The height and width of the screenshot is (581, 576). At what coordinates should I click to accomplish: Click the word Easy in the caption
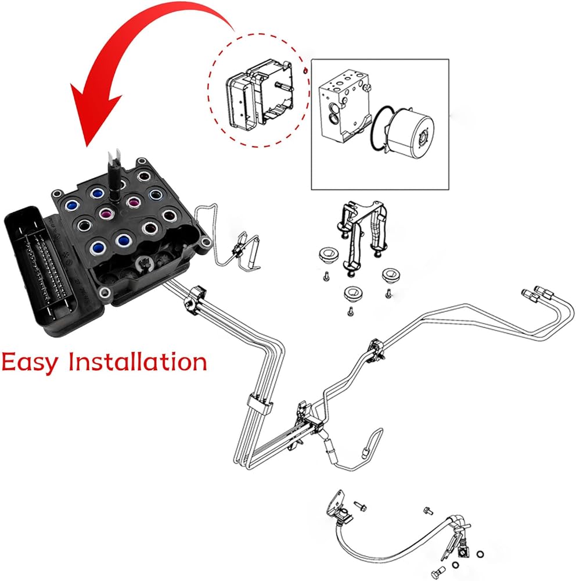pos(30,363)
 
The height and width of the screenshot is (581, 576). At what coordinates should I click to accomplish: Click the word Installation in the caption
pos(138,361)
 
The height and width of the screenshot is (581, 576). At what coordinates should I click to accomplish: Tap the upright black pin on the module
pos(114,174)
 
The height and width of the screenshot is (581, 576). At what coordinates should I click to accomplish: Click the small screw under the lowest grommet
pos(350,313)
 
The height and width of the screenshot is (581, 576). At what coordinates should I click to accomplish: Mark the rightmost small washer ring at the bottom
pos(480,554)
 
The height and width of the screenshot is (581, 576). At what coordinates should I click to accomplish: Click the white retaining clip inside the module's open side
pos(145,264)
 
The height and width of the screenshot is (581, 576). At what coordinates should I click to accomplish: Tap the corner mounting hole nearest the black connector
pos(56,193)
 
